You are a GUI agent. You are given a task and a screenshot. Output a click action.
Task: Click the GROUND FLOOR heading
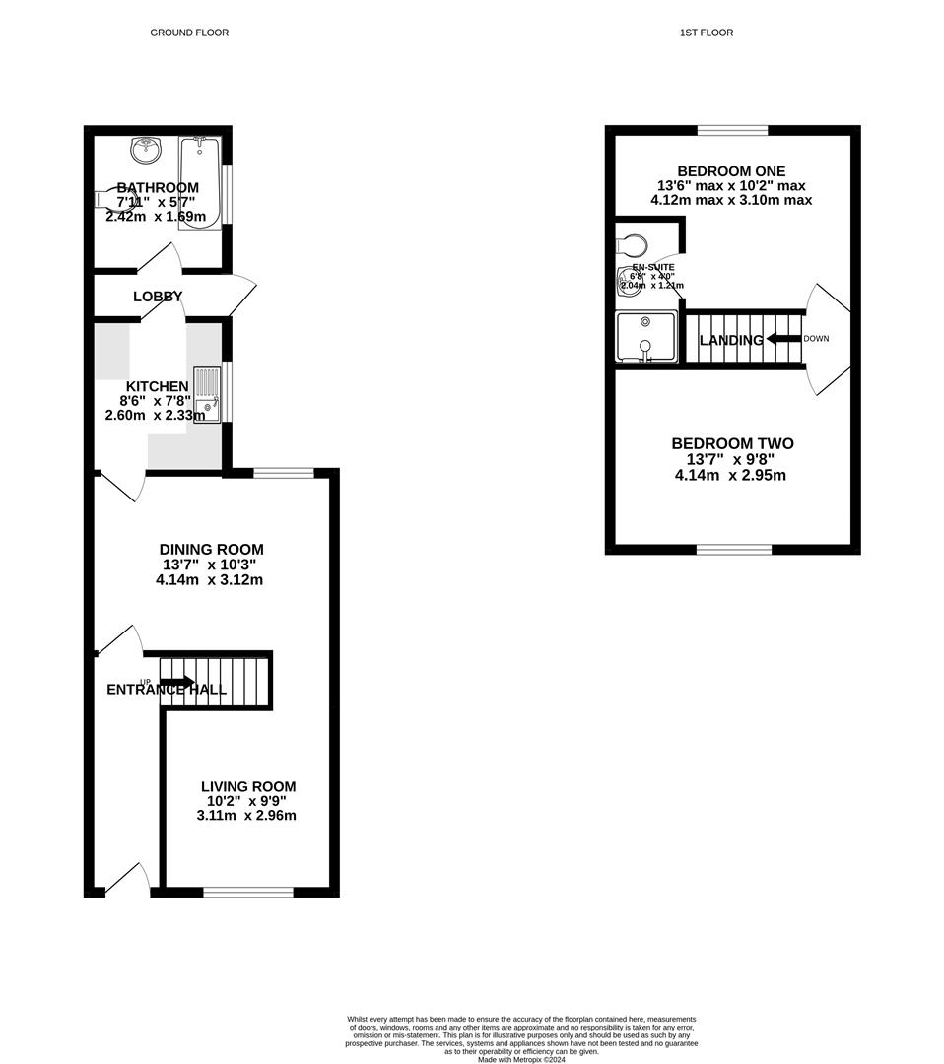[189, 33]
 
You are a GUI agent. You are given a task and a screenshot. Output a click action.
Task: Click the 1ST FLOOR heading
[707, 33]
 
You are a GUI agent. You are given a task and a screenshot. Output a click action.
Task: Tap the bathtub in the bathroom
[200, 184]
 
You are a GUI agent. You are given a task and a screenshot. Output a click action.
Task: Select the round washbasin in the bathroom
[146, 151]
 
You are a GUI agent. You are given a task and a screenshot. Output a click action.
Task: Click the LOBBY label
[158, 296]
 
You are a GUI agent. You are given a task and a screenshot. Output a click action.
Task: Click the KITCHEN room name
[157, 386]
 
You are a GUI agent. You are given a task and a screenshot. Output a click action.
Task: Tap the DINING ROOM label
[212, 549]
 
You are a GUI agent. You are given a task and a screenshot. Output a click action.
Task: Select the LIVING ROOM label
[248, 786]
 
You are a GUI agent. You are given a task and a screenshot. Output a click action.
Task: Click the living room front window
[248, 892]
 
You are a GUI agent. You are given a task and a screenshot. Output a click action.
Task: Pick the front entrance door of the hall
[128, 879]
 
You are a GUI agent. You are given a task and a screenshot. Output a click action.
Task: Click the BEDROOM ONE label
[731, 170]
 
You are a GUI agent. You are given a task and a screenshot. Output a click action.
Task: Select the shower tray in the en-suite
[645, 337]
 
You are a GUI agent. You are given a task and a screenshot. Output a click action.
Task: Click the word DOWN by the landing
[816, 339]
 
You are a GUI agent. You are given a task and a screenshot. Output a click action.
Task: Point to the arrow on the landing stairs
[783, 339]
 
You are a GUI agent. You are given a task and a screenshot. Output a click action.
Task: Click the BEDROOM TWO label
[732, 443]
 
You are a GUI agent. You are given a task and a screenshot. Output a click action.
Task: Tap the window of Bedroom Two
[733, 549]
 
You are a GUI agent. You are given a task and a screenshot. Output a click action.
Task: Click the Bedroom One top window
[733, 130]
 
